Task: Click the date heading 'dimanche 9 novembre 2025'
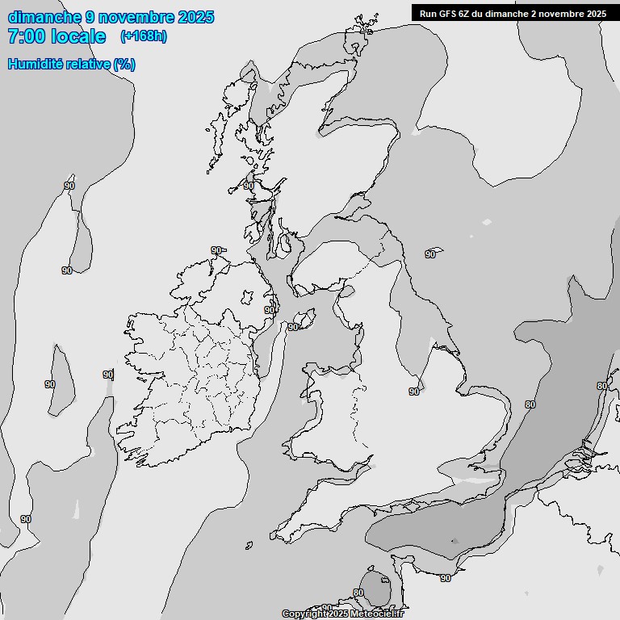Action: (x=111, y=17)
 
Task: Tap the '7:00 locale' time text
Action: (x=57, y=36)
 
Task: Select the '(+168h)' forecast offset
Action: (x=143, y=36)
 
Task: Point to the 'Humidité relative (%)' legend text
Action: (x=72, y=64)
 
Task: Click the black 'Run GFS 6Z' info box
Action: (x=513, y=13)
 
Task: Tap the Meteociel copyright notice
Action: (x=342, y=614)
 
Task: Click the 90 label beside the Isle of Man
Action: (x=293, y=326)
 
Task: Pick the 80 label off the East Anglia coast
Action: (x=530, y=404)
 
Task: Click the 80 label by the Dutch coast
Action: (x=601, y=386)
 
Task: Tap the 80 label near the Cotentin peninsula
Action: (x=358, y=593)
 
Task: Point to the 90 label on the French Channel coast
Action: (x=446, y=578)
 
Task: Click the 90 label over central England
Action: (x=414, y=392)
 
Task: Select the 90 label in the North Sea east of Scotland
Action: (x=430, y=254)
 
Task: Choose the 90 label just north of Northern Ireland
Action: (x=216, y=250)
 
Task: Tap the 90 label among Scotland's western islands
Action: (x=249, y=186)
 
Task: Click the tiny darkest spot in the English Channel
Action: (x=455, y=542)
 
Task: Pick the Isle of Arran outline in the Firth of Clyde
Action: (x=284, y=241)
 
